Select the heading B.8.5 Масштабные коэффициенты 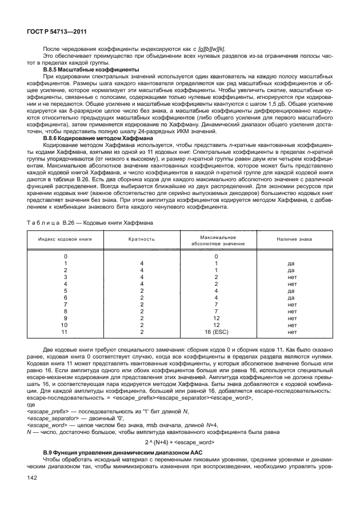point(91,70)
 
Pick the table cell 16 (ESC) point(217,332)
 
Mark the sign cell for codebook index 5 point(291,290)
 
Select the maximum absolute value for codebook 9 point(217,318)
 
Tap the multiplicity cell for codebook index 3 point(141,276)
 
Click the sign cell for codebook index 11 point(291,332)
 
